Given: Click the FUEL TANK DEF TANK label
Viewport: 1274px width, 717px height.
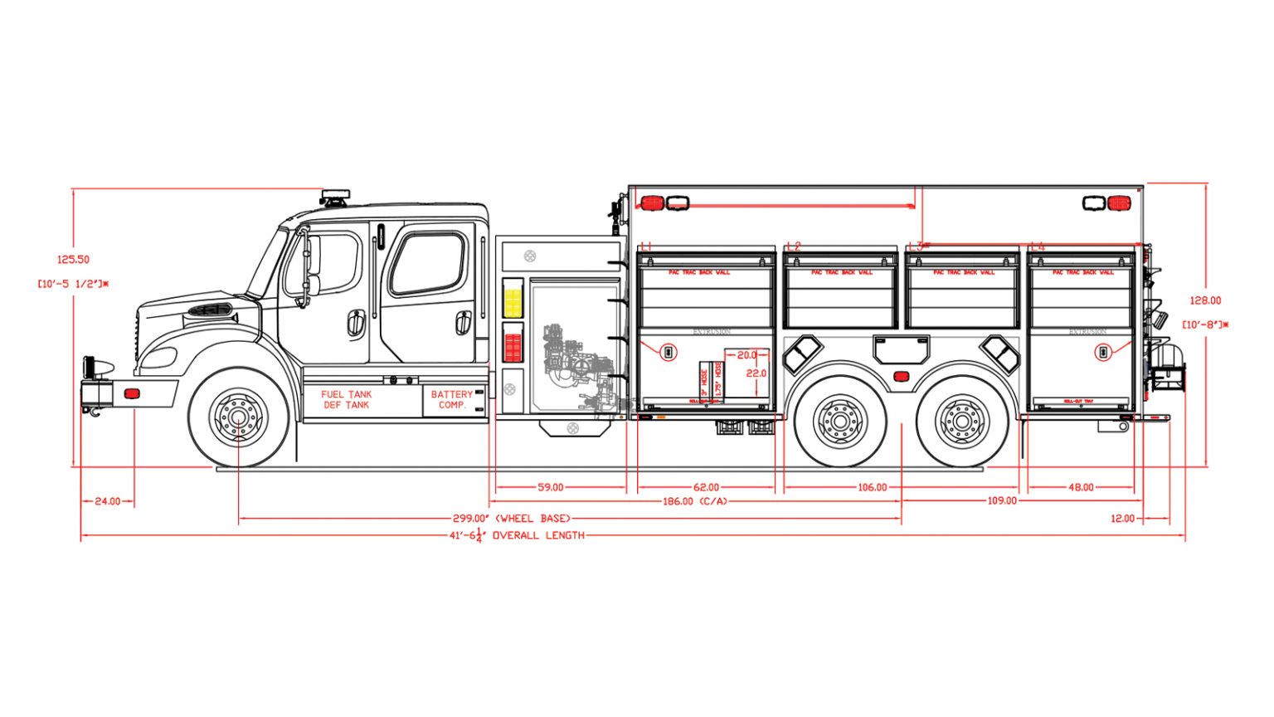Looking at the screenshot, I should [347, 400].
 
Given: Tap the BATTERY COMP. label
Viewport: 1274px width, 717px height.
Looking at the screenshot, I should [452, 400].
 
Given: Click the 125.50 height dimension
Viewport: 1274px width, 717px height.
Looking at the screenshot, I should [73, 260].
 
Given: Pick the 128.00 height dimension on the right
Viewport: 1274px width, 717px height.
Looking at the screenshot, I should [1205, 301].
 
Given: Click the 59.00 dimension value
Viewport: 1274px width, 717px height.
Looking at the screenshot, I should [550, 488].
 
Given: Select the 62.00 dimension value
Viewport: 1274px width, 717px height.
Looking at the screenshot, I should [706, 488].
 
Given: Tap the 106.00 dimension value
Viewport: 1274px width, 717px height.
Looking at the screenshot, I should [872, 488].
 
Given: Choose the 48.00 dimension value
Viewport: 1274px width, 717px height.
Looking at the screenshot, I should [1081, 488].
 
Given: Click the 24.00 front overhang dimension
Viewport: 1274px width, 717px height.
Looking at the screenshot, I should [108, 501].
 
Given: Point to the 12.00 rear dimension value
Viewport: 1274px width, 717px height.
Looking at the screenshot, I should [1122, 519].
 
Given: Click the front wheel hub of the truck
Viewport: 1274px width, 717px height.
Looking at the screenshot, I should [239, 417].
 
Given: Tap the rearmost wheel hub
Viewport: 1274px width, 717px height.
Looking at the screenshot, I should [961, 422].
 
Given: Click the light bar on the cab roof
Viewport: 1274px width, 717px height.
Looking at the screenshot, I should [336, 197].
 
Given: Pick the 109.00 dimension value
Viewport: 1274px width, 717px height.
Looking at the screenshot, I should [1002, 501].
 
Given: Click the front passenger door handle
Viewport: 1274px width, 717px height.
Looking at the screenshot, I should [356, 323].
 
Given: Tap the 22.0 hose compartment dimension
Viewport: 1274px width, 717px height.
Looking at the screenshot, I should [756, 373].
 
